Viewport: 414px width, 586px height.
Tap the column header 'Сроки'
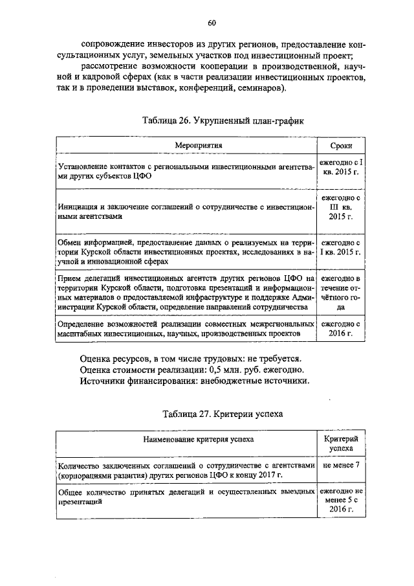point(340,146)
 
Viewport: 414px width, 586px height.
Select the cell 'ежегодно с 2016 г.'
point(340,328)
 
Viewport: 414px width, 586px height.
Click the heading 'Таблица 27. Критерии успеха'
point(213,413)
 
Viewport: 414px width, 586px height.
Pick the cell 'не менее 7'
point(340,465)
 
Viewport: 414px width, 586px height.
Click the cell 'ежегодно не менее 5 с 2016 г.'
point(340,501)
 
